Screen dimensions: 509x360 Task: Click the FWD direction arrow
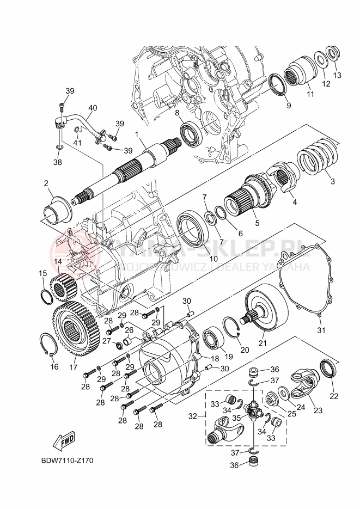click(64, 439)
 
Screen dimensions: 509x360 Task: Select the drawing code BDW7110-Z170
click(67, 461)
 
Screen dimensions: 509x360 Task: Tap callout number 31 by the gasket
click(321, 330)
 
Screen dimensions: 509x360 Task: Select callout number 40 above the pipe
click(93, 108)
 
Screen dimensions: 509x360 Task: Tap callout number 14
click(58, 261)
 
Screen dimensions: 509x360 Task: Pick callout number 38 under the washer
click(58, 162)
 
